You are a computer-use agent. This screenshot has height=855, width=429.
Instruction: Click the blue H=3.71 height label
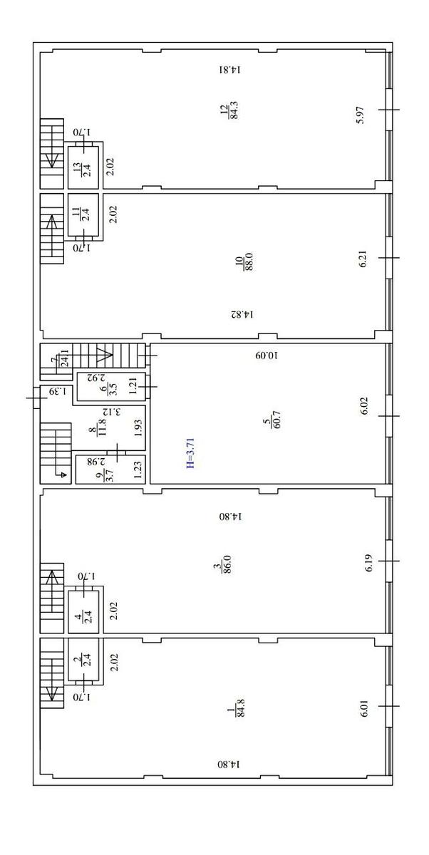pos(190,452)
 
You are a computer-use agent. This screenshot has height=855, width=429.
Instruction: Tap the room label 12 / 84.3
pos(229,110)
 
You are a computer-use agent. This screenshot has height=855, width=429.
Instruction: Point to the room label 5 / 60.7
pos(272,420)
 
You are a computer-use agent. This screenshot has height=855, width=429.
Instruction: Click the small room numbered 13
pos(83,167)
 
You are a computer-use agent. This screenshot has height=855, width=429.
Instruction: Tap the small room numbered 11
pos(83,215)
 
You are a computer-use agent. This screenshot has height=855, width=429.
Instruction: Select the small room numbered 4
pos(83,612)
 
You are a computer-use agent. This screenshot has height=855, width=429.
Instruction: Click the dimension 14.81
pos(230,70)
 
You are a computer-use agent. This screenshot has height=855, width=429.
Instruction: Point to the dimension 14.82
pos(242,314)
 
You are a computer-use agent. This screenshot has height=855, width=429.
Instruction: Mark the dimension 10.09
pos(267,356)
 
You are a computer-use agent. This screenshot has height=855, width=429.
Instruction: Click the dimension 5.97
pos(360,115)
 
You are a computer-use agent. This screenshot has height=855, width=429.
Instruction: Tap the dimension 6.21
pos(363,259)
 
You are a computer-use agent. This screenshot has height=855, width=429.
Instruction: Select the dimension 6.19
pos(369,562)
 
